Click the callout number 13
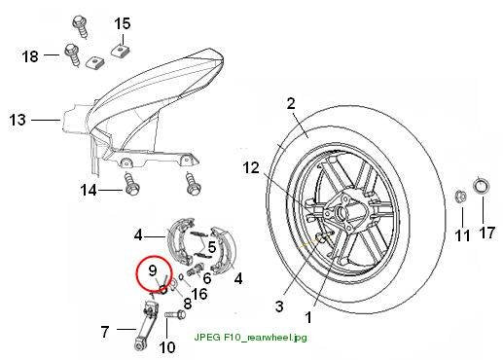click(x=18, y=120)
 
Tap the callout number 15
click(x=123, y=23)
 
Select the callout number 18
click(x=30, y=56)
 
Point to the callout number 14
click(x=89, y=190)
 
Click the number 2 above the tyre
click(x=291, y=103)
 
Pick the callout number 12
click(x=251, y=167)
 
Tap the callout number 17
click(x=487, y=233)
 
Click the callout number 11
click(x=462, y=235)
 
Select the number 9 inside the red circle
click(x=153, y=270)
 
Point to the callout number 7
click(x=104, y=332)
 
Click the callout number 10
click(x=167, y=347)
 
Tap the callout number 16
click(x=199, y=294)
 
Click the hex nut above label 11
click(x=461, y=196)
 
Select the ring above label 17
click(x=481, y=186)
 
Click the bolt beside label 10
click(x=176, y=314)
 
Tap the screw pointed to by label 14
click(x=131, y=183)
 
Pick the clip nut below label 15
click(x=120, y=50)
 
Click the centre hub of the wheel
click(x=341, y=213)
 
